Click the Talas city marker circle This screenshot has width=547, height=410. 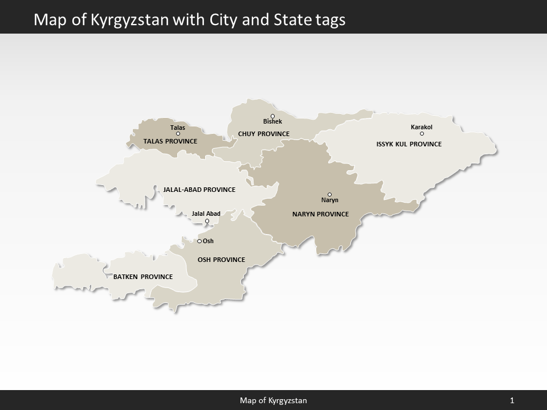178,134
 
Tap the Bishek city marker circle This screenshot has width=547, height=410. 272,116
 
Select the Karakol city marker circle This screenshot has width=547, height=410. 422,134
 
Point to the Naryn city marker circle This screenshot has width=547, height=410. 329,194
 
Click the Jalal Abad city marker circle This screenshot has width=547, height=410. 207,221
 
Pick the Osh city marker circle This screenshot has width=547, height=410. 199,241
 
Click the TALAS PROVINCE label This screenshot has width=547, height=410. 170,141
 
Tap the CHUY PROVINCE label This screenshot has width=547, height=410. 264,134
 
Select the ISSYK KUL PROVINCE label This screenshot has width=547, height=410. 409,144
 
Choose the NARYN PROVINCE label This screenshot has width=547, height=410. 320,214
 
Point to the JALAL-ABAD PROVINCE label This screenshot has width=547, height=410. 199,190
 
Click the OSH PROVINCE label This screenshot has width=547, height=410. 221,260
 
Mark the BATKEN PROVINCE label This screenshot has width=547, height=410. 143,277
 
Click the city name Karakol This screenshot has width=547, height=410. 422,127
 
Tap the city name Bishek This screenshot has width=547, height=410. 272,122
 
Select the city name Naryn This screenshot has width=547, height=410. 330,200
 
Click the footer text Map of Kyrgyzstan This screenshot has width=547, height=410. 273,401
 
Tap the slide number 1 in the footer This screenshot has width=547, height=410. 512,401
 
